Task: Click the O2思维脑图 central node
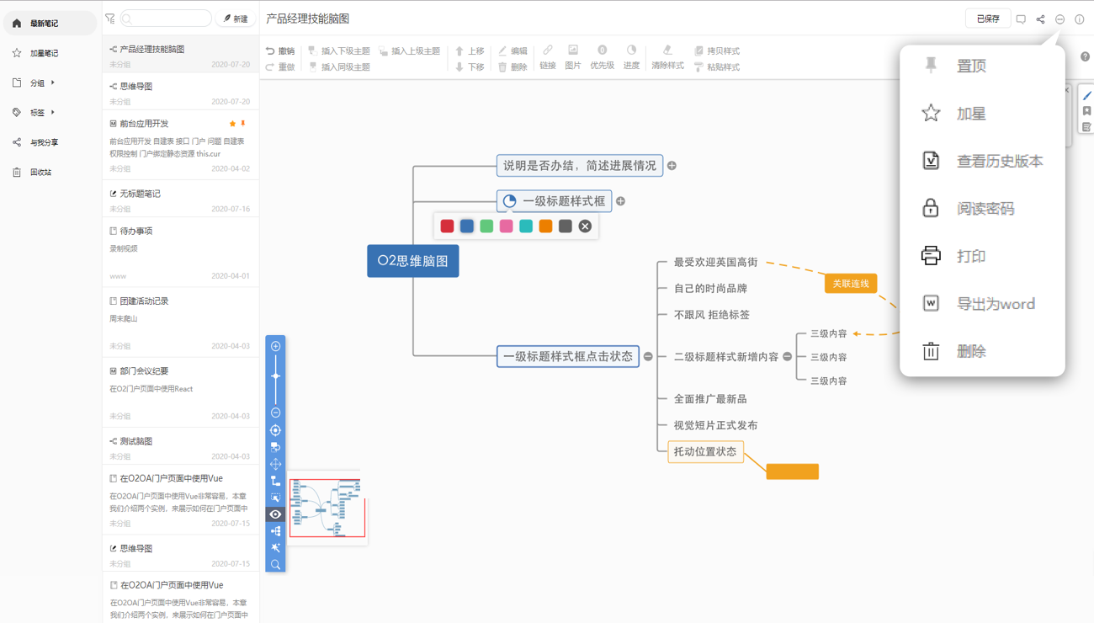coord(412,261)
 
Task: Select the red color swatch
coord(447,226)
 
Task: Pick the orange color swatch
coord(545,226)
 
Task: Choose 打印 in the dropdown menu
coord(970,256)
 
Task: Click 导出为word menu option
coord(995,304)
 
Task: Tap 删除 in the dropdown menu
coord(970,352)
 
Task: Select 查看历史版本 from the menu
coord(999,161)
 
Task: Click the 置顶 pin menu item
coord(970,66)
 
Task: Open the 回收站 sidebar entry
coord(40,173)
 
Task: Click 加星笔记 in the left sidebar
coord(44,53)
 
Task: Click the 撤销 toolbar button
coord(280,51)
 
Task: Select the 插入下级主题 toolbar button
coord(339,51)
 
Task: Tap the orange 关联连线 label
coord(850,284)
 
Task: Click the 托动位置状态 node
coord(705,452)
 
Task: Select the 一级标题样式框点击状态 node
coord(568,357)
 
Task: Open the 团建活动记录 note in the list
coord(144,301)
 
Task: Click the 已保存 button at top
coord(987,19)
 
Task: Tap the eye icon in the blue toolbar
coord(275,514)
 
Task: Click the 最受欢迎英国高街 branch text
coord(715,263)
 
